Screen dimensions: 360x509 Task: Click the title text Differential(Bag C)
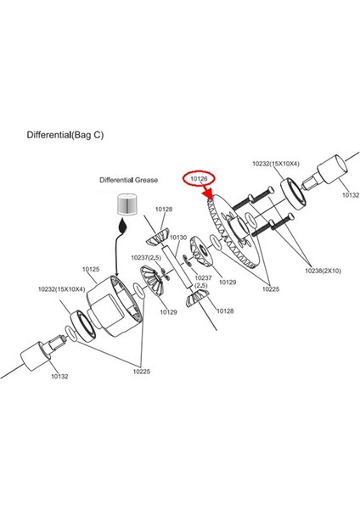pos(65,135)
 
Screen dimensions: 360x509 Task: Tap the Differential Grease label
pos(128,180)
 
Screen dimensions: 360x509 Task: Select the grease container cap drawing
pos(127,204)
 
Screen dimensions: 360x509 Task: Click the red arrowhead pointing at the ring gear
pos(208,194)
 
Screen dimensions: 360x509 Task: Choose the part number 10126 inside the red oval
pos(199,178)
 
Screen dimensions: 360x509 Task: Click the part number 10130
pos(178,238)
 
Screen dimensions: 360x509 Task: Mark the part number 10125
pos(91,269)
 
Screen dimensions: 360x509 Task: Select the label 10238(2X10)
pos(323,271)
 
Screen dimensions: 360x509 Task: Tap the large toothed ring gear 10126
pos(233,231)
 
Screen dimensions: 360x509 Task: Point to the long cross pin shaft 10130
pos(176,266)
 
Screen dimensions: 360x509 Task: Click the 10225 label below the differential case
pos(142,372)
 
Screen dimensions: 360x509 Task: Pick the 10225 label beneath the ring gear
pos(271,289)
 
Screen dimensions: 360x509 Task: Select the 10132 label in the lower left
pos(59,376)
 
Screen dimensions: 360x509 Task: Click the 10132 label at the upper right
pos(351,195)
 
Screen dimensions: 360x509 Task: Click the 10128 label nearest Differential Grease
pos(164,209)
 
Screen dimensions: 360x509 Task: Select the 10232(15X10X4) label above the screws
pos(276,164)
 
